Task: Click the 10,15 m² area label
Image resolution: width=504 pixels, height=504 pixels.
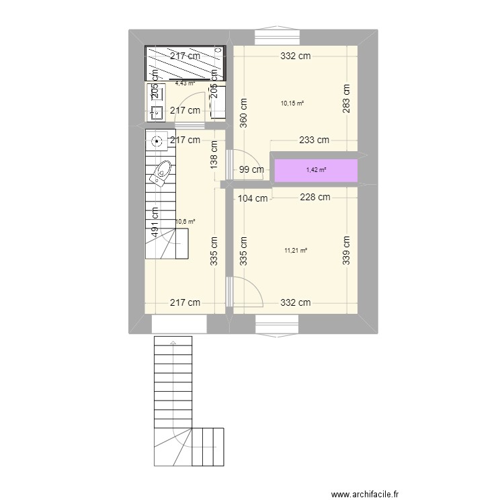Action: (292, 103)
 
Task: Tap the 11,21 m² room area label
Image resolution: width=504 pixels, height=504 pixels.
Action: (296, 251)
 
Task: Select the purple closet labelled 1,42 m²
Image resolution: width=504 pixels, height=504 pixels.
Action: (315, 170)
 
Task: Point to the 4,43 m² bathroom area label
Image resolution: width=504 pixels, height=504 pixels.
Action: (185, 83)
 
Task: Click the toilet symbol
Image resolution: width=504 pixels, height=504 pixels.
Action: (161, 174)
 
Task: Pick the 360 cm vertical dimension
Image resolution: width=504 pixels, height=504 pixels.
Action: (243, 112)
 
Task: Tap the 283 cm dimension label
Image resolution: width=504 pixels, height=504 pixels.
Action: (346, 99)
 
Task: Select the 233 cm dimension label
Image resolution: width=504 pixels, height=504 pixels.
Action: (314, 140)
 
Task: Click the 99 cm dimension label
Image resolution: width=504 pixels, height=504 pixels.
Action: (251, 170)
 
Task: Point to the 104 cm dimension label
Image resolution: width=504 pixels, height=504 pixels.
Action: (253, 198)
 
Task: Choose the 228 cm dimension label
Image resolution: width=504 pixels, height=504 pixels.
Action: (314, 198)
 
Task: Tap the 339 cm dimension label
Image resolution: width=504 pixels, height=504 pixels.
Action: (346, 251)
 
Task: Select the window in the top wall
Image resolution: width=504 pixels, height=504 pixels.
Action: (276, 36)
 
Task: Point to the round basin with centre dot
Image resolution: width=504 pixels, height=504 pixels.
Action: (157, 141)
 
